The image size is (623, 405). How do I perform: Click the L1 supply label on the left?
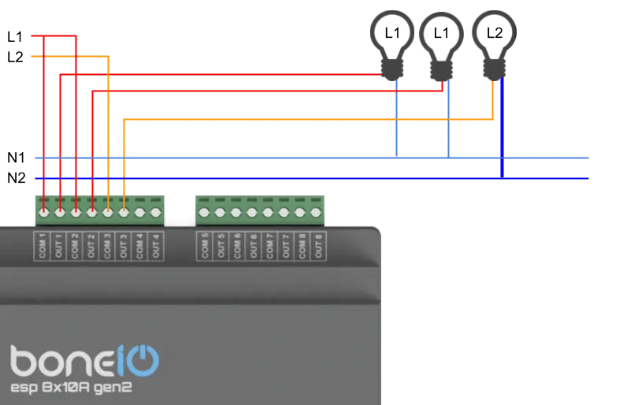(15, 36)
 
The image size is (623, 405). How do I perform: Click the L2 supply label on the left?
(15, 57)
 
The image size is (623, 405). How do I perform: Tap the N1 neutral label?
(16, 158)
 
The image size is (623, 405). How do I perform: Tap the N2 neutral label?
(16, 178)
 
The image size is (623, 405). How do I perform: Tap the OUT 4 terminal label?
(156, 247)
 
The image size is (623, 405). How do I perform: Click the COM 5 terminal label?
(205, 247)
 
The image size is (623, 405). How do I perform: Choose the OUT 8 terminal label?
(317, 247)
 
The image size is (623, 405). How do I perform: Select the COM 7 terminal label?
(269, 247)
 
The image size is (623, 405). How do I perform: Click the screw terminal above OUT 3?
(124, 212)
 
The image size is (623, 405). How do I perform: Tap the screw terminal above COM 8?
(300, 212)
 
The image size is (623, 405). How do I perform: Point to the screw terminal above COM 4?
(140, 212)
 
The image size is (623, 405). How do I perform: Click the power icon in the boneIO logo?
(142, 361)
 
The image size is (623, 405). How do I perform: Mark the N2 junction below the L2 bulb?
(502, 178)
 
